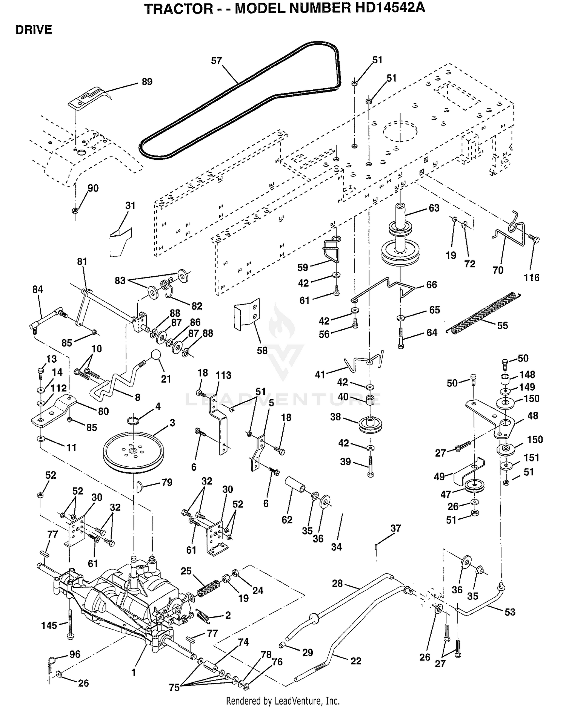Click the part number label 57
216,61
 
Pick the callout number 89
147,82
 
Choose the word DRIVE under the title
34,30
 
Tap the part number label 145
49,625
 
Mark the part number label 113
223,375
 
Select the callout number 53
510,612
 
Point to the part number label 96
75,654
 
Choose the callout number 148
527,374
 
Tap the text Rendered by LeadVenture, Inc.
283,701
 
